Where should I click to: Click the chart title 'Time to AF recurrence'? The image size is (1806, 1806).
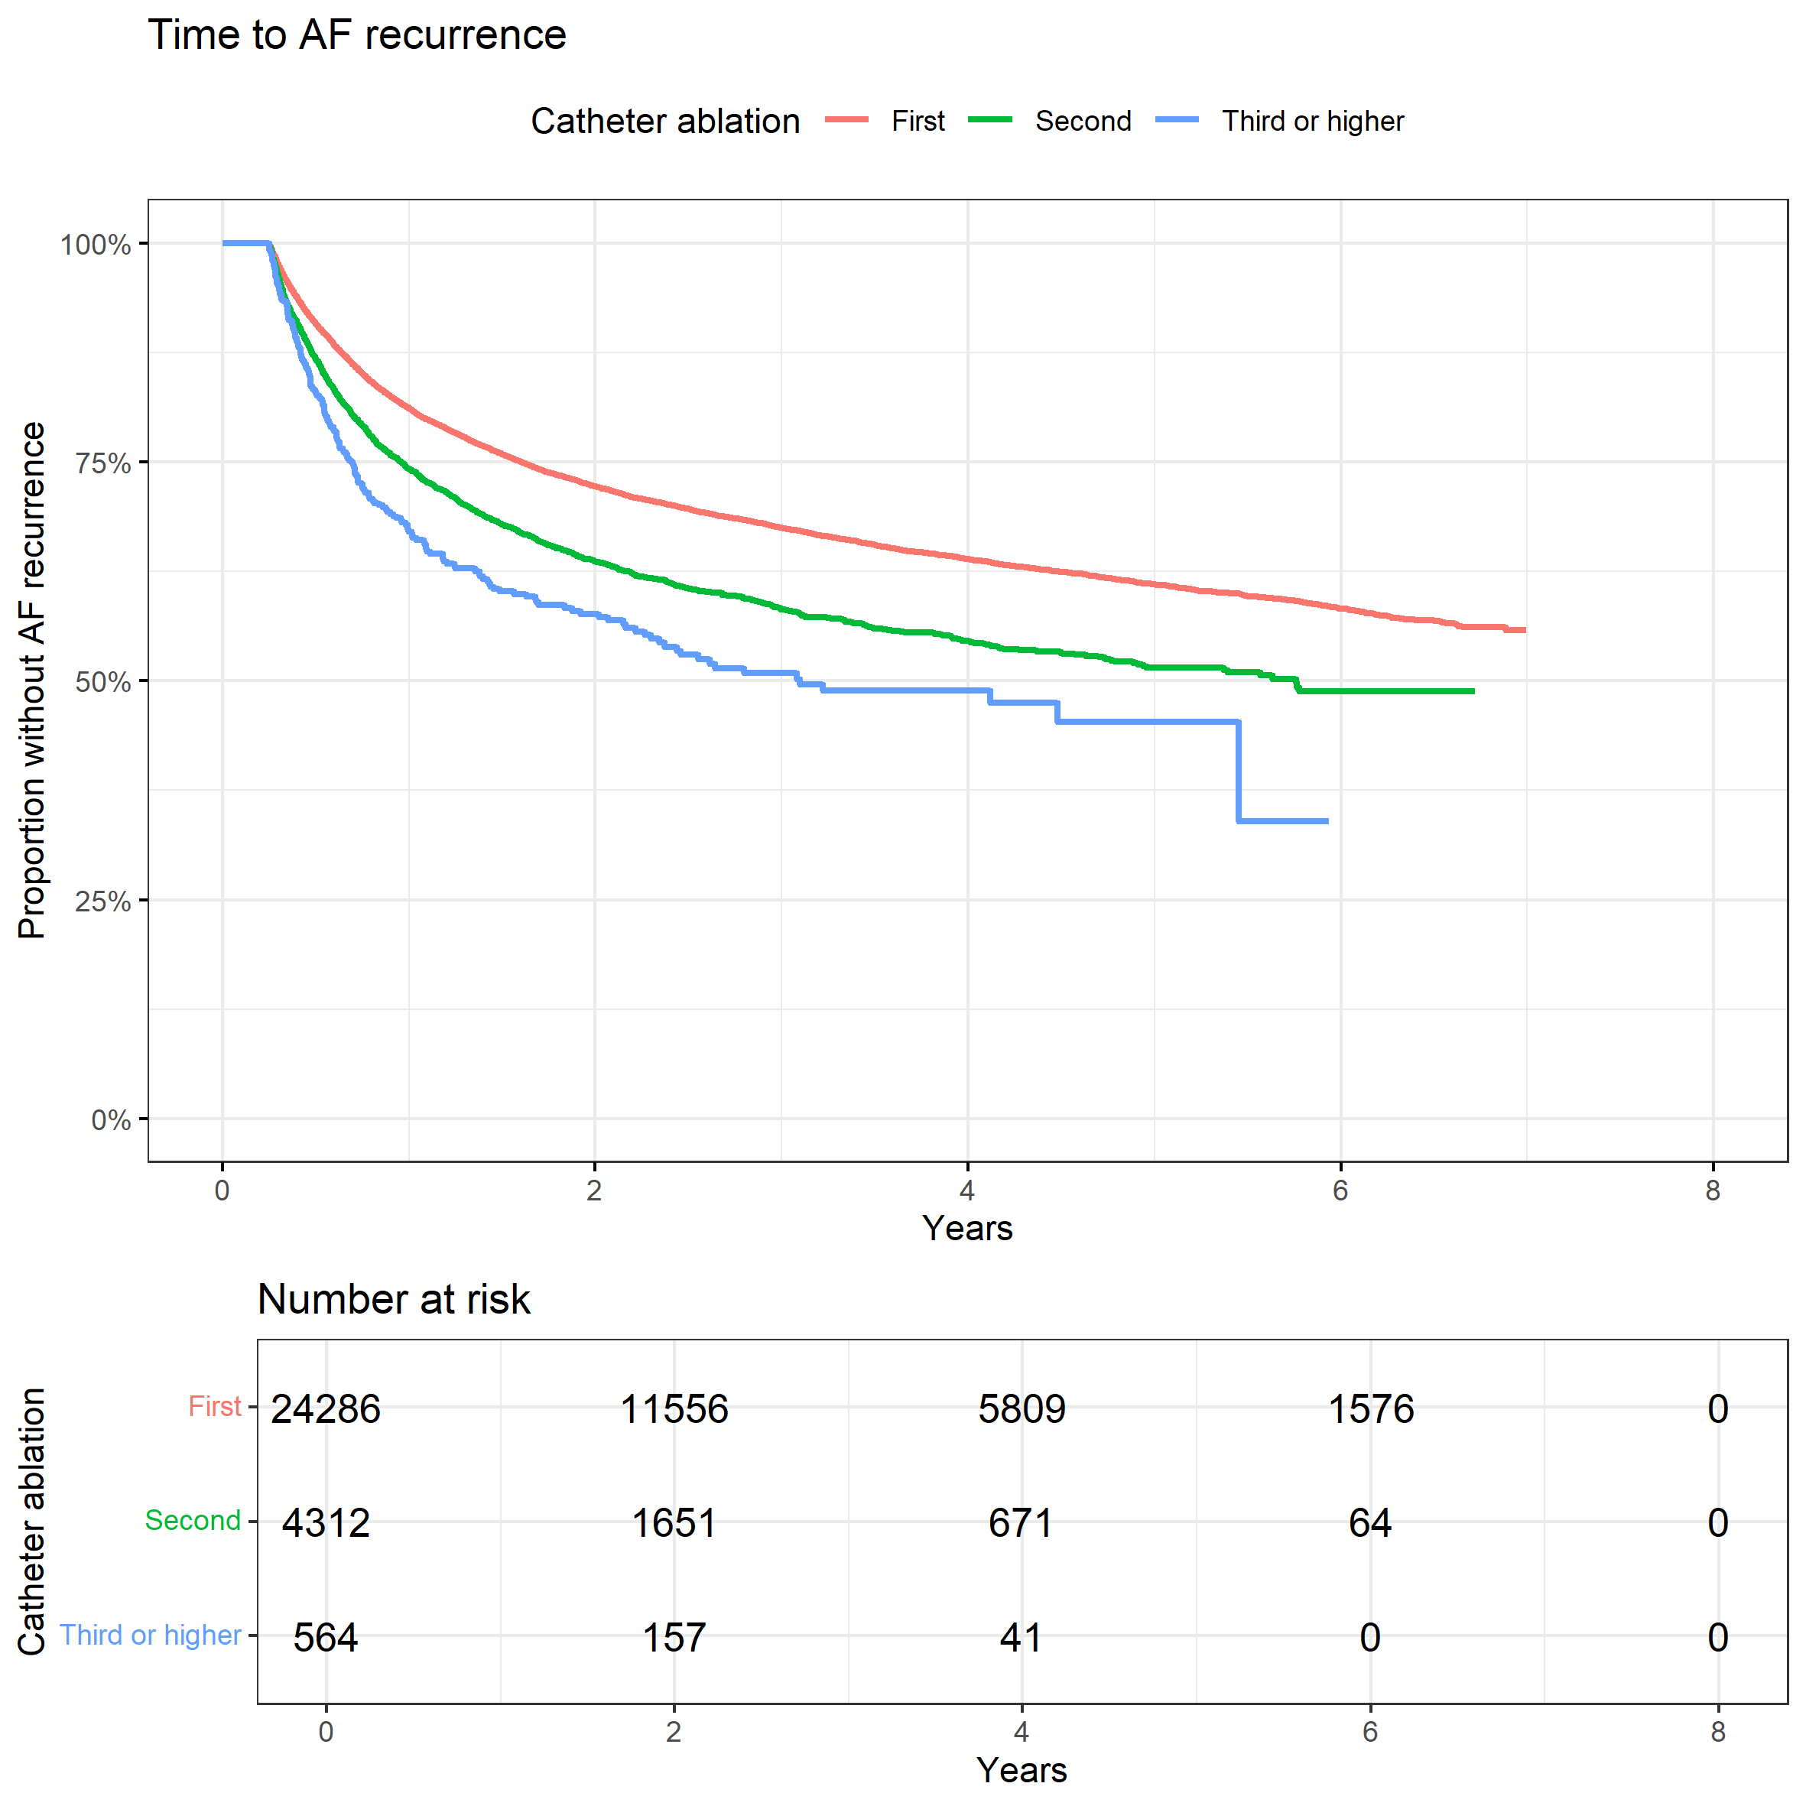[x=356, y=35]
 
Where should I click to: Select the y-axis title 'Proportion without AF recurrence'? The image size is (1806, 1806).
[x=32, y=680]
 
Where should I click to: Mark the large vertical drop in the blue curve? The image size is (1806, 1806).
[x=1239, y=771]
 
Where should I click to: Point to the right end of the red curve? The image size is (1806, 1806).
[x=1524, y=630]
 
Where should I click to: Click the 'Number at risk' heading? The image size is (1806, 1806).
[x=394, y=1299]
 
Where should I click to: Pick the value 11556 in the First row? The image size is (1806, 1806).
[x=674, y=1408]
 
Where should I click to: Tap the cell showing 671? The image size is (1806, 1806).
[x=1021, y=1523]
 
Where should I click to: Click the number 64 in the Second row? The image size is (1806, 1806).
[x=1369, y=1523]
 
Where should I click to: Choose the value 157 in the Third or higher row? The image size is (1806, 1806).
[x=674, y=1638]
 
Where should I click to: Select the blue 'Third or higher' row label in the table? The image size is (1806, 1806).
[x=151, y=1635]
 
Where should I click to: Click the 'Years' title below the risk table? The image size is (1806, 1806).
[x=1021, y=1769]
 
